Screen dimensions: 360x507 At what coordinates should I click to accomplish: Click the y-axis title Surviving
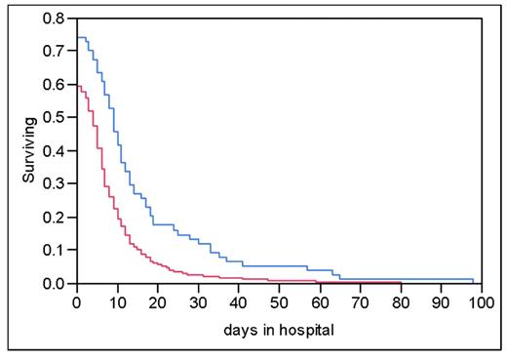(x=29, y=150)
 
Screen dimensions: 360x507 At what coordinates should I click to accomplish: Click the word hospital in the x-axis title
(x=306, y=330)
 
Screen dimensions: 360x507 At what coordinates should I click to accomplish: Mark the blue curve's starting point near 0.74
(x=78, y=38)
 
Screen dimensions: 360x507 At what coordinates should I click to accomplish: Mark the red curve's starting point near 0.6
(x=78, y=85)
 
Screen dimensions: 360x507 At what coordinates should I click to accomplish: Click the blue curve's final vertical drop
(x=474, y=281)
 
